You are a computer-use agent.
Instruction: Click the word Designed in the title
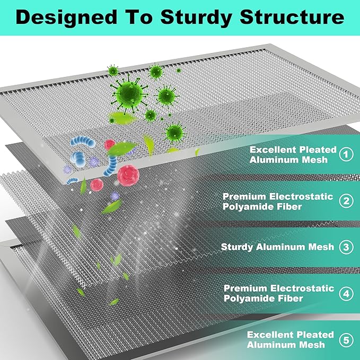tap(67, 17)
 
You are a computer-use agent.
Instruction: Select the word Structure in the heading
tap(292, 17)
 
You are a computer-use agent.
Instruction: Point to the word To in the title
tap(139, 17)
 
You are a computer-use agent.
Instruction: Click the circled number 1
tap(346, 154)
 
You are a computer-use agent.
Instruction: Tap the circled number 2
tap(346, 201)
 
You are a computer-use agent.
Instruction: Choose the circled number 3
tap(346, 247)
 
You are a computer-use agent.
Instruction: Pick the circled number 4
tap(346, 294)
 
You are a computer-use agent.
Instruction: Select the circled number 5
tap(346, 340)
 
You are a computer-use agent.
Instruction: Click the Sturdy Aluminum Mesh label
tap(277, 247)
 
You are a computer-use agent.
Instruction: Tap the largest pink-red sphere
tap(128, 175)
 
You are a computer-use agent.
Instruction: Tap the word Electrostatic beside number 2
tap(301, 197)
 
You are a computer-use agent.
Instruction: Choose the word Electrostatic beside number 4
tap(302, 288)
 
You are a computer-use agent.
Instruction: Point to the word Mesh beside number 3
tap(321, 247)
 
